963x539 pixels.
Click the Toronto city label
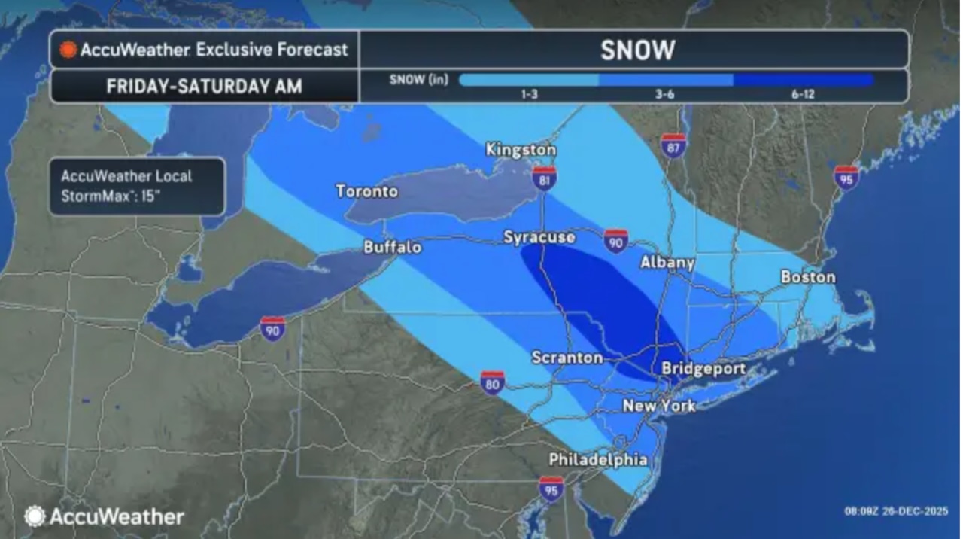tap(366, 191)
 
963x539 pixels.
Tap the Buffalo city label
tap(392, 247)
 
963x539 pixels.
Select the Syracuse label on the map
tap(539, 238)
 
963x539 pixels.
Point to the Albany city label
tap(667, 262)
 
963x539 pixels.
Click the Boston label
tap(808, 277)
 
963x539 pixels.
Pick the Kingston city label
tap(521, 150)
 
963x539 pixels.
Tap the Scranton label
tap(567, 358)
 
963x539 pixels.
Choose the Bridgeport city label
tap(703, 369)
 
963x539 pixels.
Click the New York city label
tap(659, 407)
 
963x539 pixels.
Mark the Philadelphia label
tap(597, 459)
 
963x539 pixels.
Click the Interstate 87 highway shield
tap(673, 145)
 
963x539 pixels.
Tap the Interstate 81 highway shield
tap(543, 178)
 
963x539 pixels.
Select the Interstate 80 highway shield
tap(492, 382)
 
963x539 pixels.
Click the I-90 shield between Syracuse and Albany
tap(615, 241)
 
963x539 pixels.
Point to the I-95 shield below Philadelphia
tap(551, 489)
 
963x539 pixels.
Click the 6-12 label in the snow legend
tap(803, 95)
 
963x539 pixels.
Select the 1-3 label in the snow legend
tap(528, 95)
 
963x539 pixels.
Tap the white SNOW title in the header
tap(637, 50)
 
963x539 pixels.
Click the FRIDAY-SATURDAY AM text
tap(204, 87)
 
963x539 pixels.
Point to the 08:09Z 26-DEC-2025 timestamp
tap(896, 511)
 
